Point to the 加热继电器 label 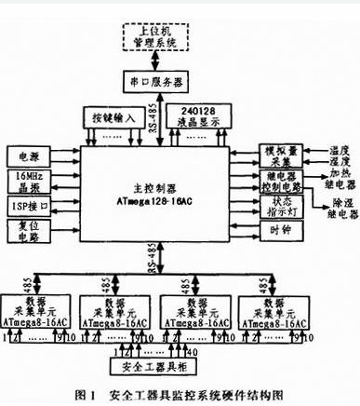(330, 178)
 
